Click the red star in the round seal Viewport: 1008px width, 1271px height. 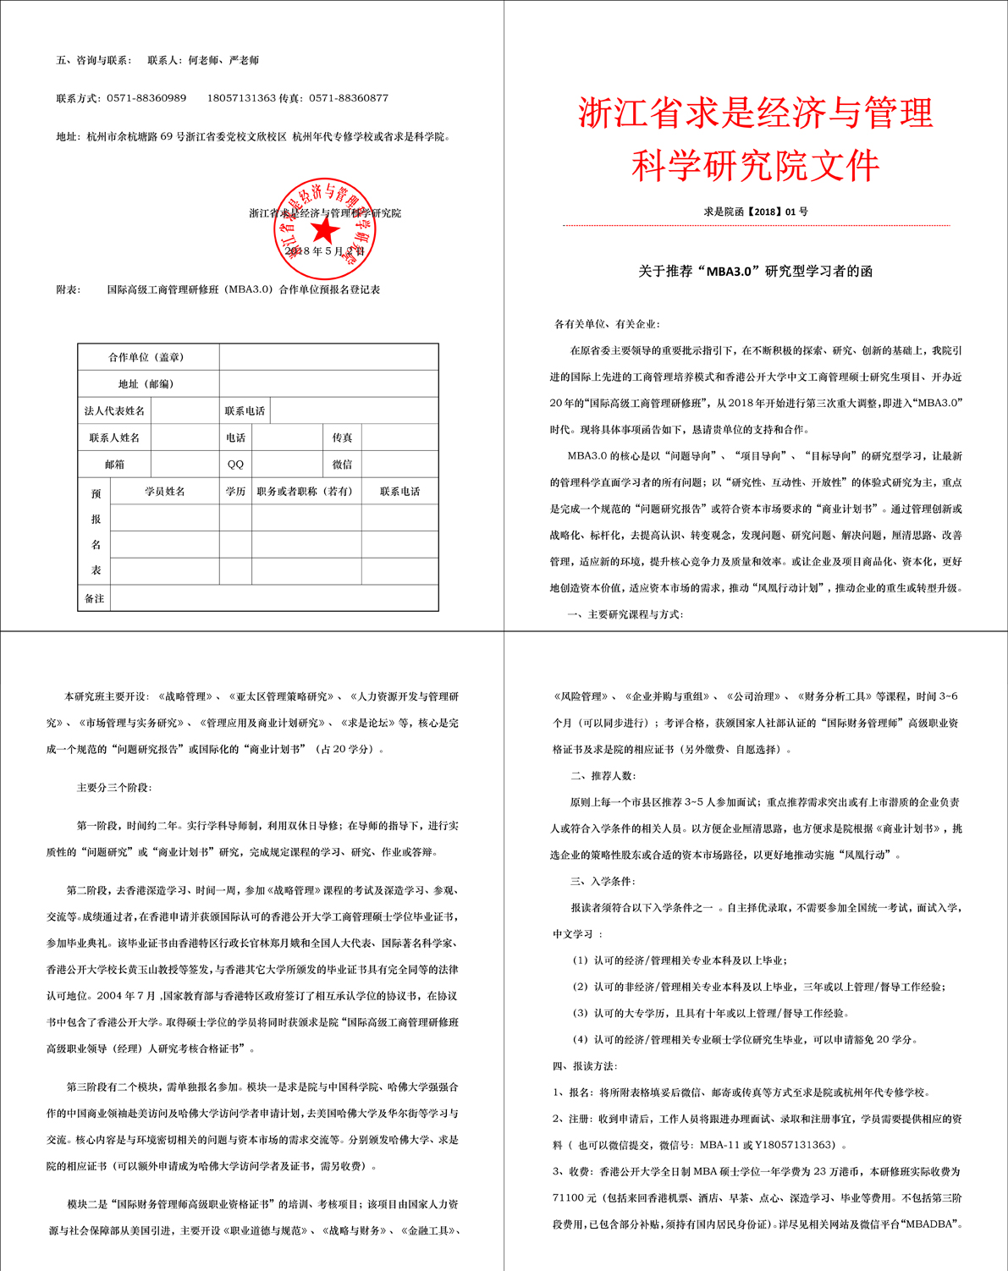[x=324, y=231]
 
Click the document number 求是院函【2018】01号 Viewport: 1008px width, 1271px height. [x=755, y=212]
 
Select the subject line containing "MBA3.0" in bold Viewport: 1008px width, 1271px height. [x=755, y=272]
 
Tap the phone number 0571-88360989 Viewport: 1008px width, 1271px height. [x=146, y=98]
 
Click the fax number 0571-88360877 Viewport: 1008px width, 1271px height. [x=349, y=98]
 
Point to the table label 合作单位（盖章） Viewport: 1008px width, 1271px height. [x=146, y=357]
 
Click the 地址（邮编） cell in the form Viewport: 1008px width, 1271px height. [x=146, y=384]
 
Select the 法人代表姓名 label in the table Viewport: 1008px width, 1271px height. [x=114, y=411]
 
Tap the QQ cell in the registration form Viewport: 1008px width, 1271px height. [x=235, y=464]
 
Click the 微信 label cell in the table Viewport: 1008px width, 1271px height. [x=342, y=464]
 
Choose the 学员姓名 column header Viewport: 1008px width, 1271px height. [x=165, y=491]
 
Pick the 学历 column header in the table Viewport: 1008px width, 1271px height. [x=235, y=491]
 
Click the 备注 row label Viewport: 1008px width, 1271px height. [x=94, y=598]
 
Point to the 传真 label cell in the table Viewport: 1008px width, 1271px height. [x=342, y=437]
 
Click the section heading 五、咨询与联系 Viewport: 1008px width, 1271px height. [x=94, y=61]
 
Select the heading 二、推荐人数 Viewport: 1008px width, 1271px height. [x=603, y=776]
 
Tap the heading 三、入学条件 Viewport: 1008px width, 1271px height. [x=603, y=882]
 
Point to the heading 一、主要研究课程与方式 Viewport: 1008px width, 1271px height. [x=625, y=614]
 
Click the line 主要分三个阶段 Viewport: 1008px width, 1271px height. [x=114, y=788]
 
